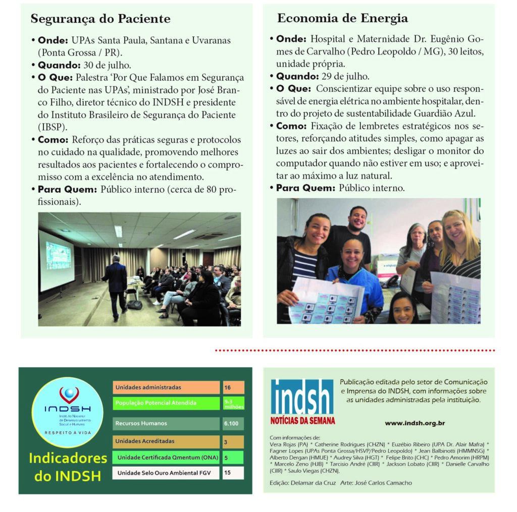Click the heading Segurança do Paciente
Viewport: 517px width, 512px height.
100,19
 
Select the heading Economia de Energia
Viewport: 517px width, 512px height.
342,19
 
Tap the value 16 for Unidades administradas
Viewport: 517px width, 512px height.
233,387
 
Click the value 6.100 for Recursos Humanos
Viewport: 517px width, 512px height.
233,423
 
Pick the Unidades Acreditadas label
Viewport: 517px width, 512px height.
145,441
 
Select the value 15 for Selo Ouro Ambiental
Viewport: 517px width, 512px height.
233,473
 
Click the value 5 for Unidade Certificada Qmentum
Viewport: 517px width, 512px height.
233,458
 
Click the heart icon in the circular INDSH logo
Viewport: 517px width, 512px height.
69,393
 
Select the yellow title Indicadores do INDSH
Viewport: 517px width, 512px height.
68,467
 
